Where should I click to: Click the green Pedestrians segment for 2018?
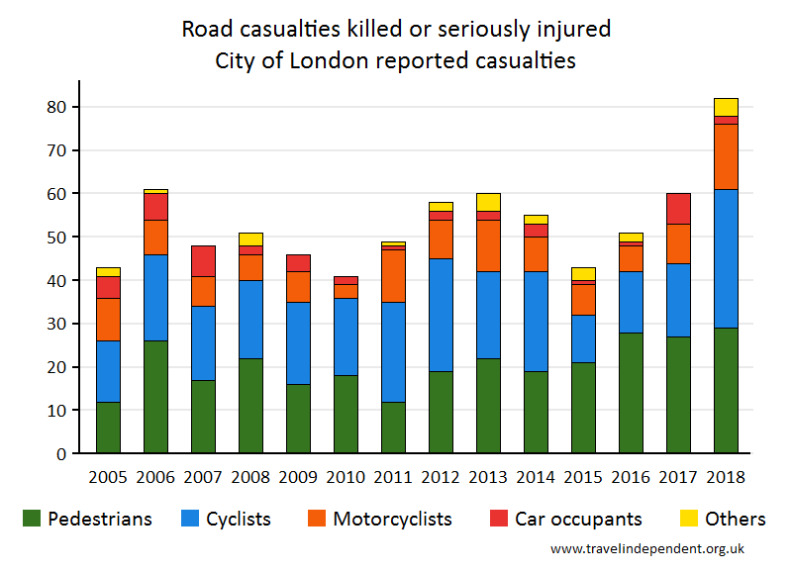(x=726, y=390)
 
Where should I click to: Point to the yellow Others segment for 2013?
(x=488, y=202)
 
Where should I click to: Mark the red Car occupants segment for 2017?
(x=678, y=208)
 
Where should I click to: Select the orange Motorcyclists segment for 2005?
(x=108, y=320)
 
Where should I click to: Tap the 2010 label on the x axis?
(x=346, y=476)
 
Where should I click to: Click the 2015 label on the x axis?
(x=583, y=476)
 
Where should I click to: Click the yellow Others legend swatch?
(x=688, y=519)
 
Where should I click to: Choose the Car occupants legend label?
(x=578, y=519)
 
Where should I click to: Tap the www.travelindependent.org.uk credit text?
(x=647, y=548)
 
